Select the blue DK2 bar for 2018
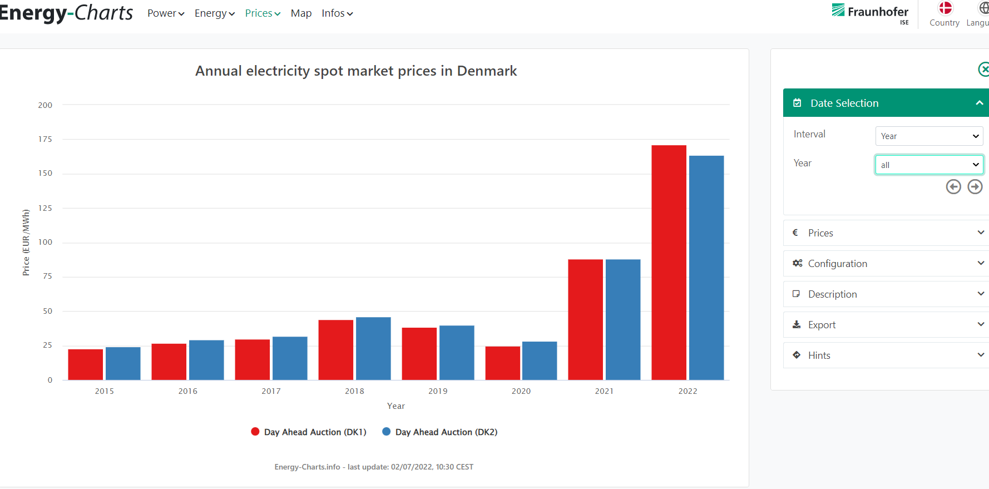coord(373,348)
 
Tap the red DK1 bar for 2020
coord(502,363)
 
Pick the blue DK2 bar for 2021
coord(623,319)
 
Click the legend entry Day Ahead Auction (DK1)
coord(309,432)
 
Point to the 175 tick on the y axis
coord(45,139)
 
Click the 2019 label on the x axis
coord(438,391)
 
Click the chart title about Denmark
coord(356,71)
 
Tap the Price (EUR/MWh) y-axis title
coord(26,242)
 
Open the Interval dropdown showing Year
coord(929,136)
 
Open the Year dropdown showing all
coord(929,165)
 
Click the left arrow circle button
coord(953,187)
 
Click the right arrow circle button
coord(975,187)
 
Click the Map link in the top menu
coord(301,13)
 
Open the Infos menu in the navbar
coord(337,13)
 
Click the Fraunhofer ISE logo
coord(871,13)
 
